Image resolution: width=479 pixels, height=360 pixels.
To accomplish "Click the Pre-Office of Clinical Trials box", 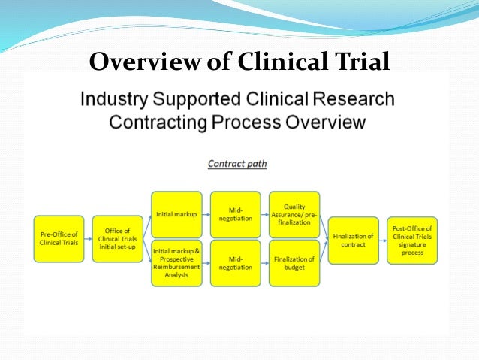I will click(x=59, y=238).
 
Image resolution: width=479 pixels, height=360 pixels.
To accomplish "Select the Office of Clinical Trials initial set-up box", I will click(x=117, y=238).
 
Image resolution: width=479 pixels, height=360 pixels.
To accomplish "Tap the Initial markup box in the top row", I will click(x=176, y=214).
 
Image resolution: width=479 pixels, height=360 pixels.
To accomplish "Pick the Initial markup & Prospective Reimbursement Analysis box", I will click(x=176, y=263).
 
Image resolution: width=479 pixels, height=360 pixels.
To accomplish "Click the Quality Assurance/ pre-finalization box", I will click(x=294, y=214).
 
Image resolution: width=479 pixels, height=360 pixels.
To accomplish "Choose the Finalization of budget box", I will click(x=294, y=263).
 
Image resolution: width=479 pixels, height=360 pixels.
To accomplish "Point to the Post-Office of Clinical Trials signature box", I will click(x=412, y=238).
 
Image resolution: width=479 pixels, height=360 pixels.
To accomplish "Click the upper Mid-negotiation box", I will click(x=235, y=214).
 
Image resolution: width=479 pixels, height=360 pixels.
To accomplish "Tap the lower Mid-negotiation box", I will click(x=235, y=263).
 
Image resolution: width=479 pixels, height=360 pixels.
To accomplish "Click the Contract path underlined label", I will click(x=237, y=162).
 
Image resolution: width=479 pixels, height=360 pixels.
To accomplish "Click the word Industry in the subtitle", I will click(x=117, y=99).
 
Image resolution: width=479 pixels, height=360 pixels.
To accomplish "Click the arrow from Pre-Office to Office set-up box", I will click(x=88, y=238).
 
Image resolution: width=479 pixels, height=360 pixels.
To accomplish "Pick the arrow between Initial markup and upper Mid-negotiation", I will click(x=206, y=214).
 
